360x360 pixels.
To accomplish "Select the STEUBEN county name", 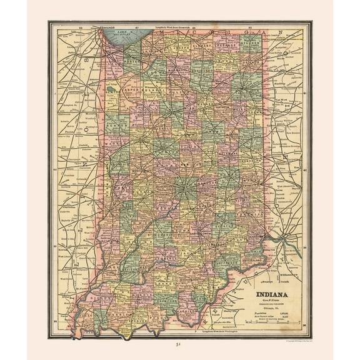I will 251,46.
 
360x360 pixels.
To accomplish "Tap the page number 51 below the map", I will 180,346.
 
